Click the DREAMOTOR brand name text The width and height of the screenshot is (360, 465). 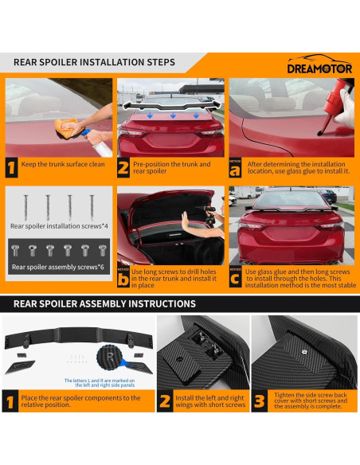319,68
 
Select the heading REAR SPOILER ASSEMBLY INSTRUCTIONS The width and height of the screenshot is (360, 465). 104,303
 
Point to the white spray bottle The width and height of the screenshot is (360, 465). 94,143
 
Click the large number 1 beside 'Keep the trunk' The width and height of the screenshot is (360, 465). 11,167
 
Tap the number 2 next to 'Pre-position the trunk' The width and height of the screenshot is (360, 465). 124,167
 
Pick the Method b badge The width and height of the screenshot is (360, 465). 123,278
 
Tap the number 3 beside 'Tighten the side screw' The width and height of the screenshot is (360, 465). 260,401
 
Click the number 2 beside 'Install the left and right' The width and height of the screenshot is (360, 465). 165,401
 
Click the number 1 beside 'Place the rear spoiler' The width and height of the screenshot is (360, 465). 10,402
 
